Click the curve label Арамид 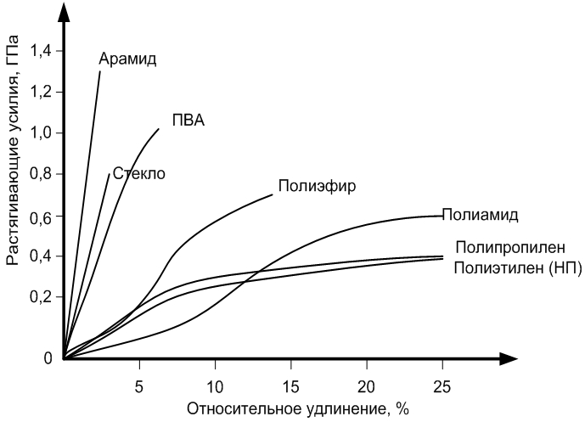(x=128, y=59)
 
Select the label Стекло (x=138, y=174)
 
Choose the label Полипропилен (x=509, y=248)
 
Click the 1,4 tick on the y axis (x=42, y=52)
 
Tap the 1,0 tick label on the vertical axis (x=42, y=133)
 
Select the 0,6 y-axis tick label (x=42, y=217)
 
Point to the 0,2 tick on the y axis (x=42, y=298)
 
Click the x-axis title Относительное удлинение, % (x=287, y=408)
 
